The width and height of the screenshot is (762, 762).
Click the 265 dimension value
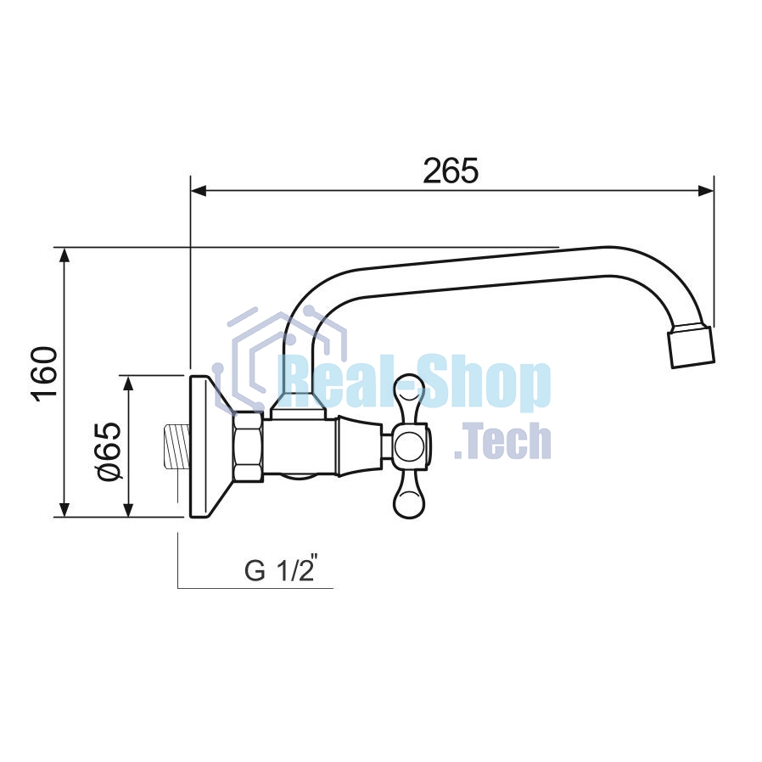tap(451, 171)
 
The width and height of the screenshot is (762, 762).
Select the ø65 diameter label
tap(109, 451)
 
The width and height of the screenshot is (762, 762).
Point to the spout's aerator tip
tap(692, 347)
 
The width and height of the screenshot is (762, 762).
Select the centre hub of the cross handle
tap(411, 446)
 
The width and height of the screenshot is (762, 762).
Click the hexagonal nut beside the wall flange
tap(249, 446)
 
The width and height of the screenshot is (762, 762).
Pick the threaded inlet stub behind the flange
tap(177, 446)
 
